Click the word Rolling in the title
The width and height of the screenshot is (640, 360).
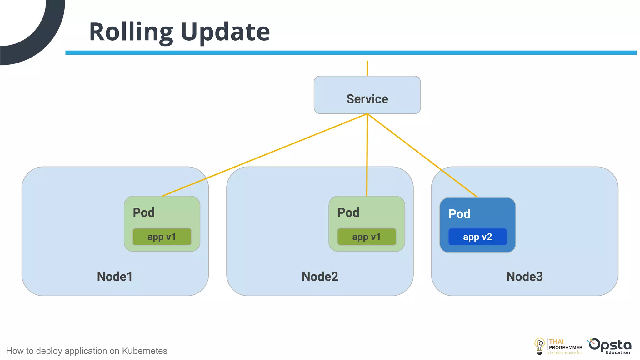(x=131, y=32)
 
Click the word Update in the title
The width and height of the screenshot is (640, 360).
(x=225, y=32)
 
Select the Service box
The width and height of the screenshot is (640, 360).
(x=367, y=95)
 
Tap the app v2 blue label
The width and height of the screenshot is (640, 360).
(x=477, y=237)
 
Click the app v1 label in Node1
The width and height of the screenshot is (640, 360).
(x=162, y=237)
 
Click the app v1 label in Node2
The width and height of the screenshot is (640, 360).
(x=367, y=237)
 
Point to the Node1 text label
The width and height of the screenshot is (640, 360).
(x=115, y=277)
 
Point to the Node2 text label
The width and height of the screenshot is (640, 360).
(x=320, y=277)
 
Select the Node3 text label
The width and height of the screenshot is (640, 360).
(x=524, y=277)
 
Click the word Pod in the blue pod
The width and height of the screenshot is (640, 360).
(x=459, y=214)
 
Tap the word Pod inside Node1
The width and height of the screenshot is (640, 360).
(x=143, y=212)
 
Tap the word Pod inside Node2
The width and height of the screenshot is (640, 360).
(x=348, y=212)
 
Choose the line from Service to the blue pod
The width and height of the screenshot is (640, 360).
(x=422, y=155)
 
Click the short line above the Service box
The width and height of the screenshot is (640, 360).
(x=367, y=68)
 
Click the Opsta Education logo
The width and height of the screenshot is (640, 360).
(x=610, y=346)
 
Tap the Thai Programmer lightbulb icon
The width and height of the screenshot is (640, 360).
(x=539, y=346)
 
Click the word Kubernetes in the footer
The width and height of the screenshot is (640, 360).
(x=144, y=351)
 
